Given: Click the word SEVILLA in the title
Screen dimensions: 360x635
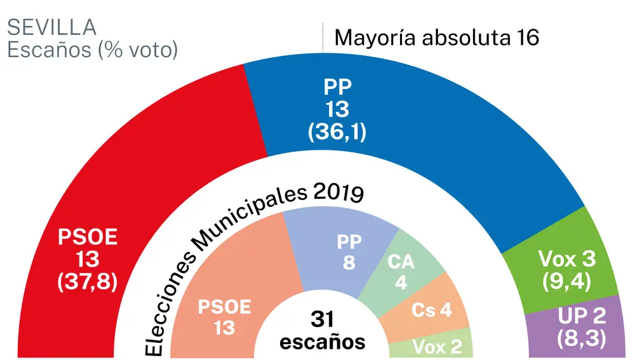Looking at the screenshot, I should [x=51, y=28].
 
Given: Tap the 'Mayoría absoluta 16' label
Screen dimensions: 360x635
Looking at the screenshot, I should [x=437, y=38].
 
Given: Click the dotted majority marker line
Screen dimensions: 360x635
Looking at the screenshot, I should [x=323, y=39].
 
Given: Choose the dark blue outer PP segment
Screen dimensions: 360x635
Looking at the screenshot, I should [x=413, y=140].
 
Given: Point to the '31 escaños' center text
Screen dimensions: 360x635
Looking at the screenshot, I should [x=323, y=330].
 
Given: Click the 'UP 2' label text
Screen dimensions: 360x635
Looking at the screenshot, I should [x=581, y=316].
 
